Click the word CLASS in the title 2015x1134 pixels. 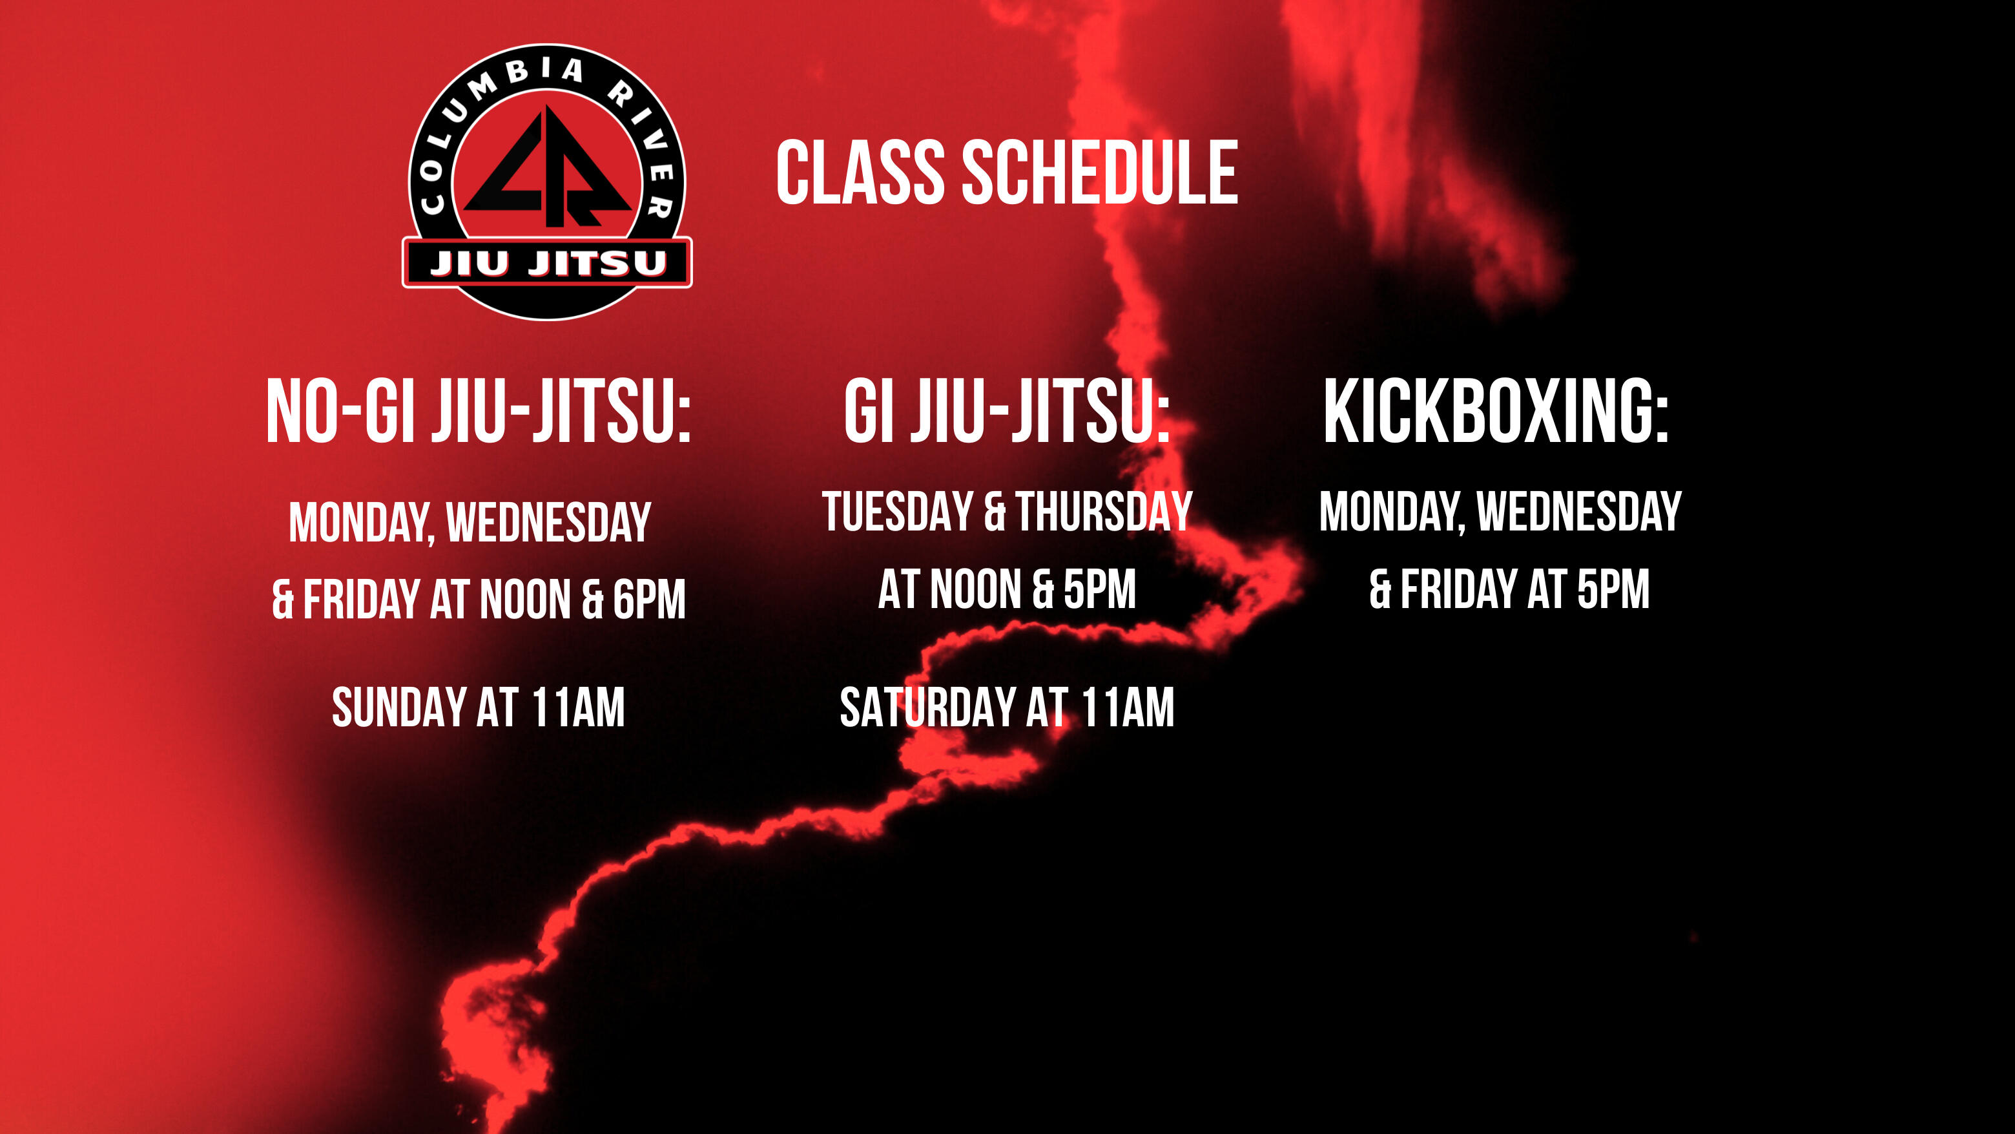tap(860, 173)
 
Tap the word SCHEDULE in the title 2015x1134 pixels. tap(1099, 173)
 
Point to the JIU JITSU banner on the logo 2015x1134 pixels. tap(547, 263)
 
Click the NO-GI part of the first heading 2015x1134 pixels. tap(340, 411)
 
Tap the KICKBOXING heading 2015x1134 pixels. tap(1496, 411)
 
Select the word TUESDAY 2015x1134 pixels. tap(897, 512)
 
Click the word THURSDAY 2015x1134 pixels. tap(1104, 512)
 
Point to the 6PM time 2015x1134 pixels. tap(648, 600)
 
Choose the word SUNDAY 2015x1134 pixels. tap(399, 708)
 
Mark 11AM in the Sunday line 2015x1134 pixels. tap(578, 708)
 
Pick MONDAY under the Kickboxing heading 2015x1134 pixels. tap(1390, 512)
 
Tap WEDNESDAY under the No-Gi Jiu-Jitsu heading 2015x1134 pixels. tap(548, 522)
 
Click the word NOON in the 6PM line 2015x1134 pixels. tap(525, 600)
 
